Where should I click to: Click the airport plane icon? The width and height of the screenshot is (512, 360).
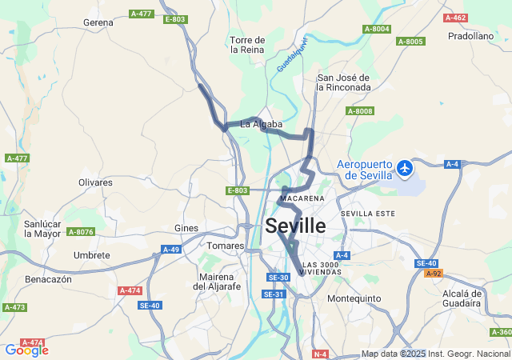pos(405,168)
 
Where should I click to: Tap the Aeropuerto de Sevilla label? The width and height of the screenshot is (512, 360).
pos(365,170)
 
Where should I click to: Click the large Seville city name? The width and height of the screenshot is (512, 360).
pos(295,226)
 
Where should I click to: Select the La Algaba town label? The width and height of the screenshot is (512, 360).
pos(262,124)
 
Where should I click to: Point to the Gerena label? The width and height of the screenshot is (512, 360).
pos(98,22)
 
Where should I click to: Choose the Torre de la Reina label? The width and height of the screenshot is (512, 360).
pos(247,44)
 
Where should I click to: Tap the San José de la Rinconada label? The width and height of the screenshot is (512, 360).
pos(344,82)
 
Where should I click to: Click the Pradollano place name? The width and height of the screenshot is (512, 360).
pos(471,36)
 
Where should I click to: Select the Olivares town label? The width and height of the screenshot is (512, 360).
pos(95,182)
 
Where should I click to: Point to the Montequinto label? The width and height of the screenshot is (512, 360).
pos(354,298)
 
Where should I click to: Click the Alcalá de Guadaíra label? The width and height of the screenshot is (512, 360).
pos(462,298)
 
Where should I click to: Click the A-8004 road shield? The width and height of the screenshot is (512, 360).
pos(376,29)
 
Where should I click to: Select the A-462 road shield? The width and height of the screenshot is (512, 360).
pos(454,18)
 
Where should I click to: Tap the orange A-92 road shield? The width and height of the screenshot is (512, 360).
pos(433,274)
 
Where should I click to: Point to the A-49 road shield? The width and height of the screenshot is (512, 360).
pos(171,250)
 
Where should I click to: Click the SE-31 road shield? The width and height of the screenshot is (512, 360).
pos(274,294)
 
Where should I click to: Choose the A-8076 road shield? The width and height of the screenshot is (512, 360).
pos(81,232)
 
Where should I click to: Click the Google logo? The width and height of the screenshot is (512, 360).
pos(26,350)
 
